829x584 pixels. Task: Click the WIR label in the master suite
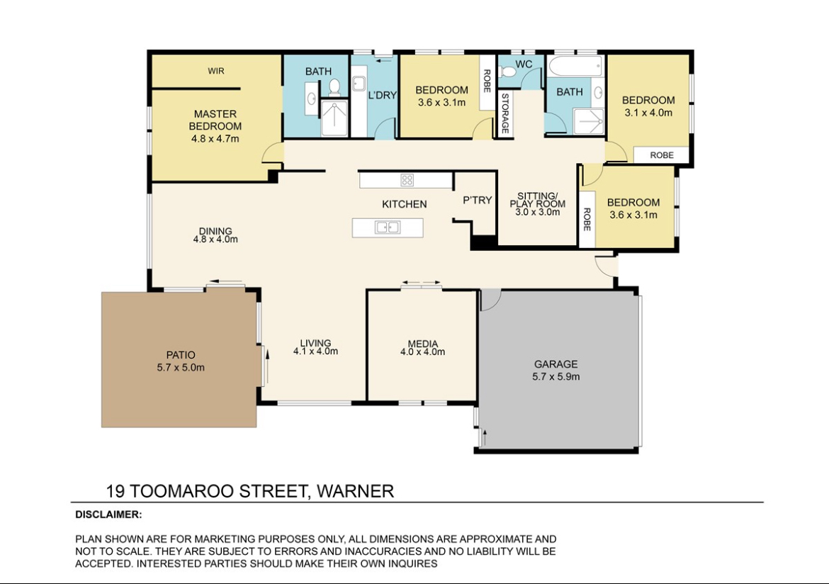pos(215,71)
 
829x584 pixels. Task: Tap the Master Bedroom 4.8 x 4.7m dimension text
pos(215,139)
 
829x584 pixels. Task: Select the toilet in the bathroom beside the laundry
pos(334,87)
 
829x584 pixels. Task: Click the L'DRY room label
pos(382,95)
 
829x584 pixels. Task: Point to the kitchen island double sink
pos(388,228)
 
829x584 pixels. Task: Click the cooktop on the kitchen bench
pos(407,180)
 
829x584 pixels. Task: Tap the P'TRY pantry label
pos(477,200)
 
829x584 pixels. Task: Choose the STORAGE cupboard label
pos(505,113)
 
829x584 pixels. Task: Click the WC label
pos(524,64)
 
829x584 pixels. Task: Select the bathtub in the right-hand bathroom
pos(575,67)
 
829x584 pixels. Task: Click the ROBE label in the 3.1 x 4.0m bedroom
pos(661,155)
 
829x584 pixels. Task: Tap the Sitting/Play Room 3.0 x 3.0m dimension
pos(537,212)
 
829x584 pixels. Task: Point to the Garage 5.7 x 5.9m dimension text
pos(556,376)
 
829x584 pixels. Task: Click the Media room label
pos(422,344)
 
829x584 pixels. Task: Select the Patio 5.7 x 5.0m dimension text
pos(180,367)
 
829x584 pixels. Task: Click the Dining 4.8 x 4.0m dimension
pos(215,239)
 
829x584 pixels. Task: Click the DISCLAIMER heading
pos(108,514)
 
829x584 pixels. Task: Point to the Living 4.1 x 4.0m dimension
pos(315,351)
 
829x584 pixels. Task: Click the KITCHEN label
pos(404,204)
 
